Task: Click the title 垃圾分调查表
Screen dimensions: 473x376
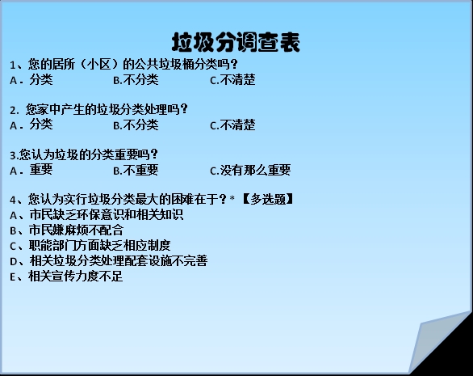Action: coord(236,42)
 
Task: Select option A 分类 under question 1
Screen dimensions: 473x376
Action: coord(31,80)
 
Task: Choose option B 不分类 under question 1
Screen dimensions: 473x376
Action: coord(136,80)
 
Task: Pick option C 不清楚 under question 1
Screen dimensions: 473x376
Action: coord(232,80)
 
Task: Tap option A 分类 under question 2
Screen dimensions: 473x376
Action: coord(31,125)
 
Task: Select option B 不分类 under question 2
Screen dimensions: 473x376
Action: coord(136,125)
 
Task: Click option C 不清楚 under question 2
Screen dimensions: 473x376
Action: coord(232,125)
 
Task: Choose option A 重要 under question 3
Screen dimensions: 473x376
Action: coord(31,170)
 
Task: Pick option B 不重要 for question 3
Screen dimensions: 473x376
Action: coord(136,170)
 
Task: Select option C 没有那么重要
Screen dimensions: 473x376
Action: coord(250,170)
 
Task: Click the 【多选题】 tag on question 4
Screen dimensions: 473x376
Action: coord(267,199)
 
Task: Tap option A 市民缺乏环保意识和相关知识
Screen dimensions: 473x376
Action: coord(97,214)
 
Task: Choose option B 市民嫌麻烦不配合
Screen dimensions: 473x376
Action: coord(67,230)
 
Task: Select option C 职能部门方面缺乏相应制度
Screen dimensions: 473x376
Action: coord(90,246)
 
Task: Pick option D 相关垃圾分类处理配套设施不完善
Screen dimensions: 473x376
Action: coord(109,261)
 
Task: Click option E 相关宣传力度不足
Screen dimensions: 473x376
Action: coord(66,277)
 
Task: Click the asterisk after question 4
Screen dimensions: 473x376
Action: coord(232,198)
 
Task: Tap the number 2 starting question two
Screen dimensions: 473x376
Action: coord(12,110)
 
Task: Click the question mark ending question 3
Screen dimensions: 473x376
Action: coord(154,154)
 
